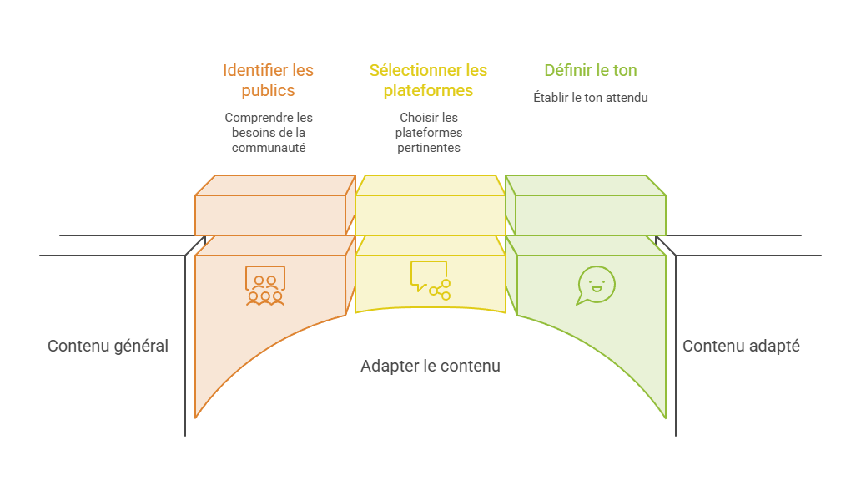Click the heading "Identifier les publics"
[x=268, y=80]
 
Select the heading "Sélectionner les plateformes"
[x=428, y=80]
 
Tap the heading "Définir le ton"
[x=591, y=70]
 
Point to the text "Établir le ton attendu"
[x=591, y=97]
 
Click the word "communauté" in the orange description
[x=269, y=148]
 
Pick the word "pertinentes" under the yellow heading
[x=429, y=148]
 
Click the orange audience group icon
[x=265, y=286]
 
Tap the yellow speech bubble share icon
[x=430, y=280]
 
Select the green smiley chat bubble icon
[x=596, y=285]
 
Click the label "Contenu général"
[x=108, y=346]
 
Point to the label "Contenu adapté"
[x=741, y=346]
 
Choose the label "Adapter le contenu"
[x=430, y=366]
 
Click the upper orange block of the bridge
[x=275, y=205]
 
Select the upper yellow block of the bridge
[x=430, y=205]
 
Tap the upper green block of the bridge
[x=586, y=205]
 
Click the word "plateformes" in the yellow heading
[x=428, y=91]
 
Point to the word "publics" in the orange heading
[x=268, y=91]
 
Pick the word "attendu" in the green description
[x=627, y=97]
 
